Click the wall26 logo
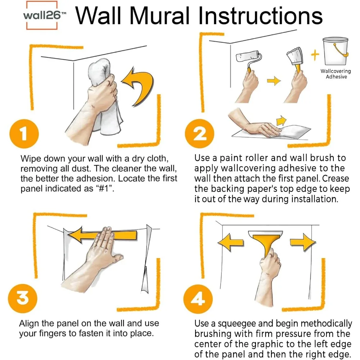(x=42, y=15)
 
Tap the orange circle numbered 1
(x=24, y=134)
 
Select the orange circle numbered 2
(x=199, y=134)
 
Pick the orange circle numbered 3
(x=22, y=298)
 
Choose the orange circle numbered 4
(x=198, y=299)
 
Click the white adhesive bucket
(x=336, y=51)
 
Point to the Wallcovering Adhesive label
(x=336, y=74)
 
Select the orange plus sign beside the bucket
(x=315, y=55)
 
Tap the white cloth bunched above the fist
(x=99, y=71)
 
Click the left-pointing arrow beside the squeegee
(x=230, y=242)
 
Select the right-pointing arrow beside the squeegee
(x=303, y=242)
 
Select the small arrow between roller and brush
(x=274, y=81)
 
